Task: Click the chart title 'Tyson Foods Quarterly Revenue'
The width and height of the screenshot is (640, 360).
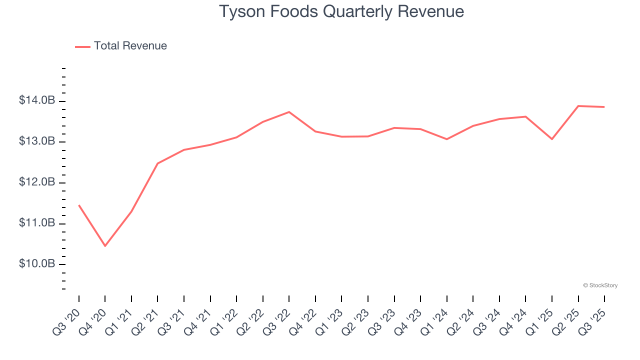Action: pyautogui.click(x=341, y=11)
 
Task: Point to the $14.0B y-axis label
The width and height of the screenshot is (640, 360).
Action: pyautogui.click(x=37, y=101)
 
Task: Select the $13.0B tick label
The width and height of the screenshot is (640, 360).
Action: pyautogui.click(x=37, y=142)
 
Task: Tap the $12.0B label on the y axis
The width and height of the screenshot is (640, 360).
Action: pyautogui.click(x=37, y=182)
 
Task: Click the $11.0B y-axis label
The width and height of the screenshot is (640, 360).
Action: pyautogui.click(x=37, y=223)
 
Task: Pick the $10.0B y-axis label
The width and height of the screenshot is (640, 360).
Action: pyautogui.click(x=37, y=264)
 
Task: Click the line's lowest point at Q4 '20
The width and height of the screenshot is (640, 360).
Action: pyautogui.click(x=105, y=246)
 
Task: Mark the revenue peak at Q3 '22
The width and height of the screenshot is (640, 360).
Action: pyautogui.click(x=289, y=112)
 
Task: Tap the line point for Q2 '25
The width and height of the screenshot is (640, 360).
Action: pyautogui.click(x=578, y=106)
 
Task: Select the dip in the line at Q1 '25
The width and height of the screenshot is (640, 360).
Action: pyautogui.click(x=552, y=139)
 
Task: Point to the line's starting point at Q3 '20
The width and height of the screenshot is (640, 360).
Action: pyautogui.click(x=79, y=205)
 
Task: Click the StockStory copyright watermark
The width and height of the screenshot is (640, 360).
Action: pyautogui.click(x=600, y=285)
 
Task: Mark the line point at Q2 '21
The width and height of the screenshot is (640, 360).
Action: pyautogui.click(x=157, y=163)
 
